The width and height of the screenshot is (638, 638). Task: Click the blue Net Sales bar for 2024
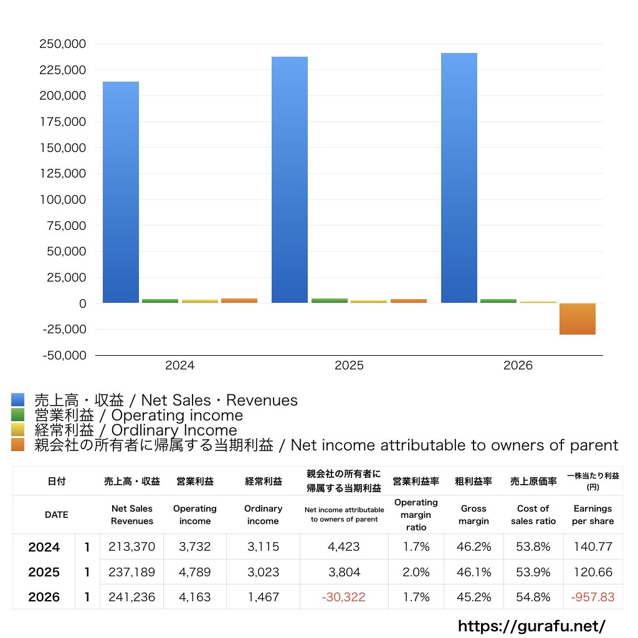tap(121, 192)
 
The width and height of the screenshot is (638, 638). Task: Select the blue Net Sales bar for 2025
tap(290, 180)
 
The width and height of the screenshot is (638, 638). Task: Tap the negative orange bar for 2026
tap(578, 319)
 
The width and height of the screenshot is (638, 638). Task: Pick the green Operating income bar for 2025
tap(330, 301)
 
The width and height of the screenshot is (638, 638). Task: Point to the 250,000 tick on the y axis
tap(63, 44)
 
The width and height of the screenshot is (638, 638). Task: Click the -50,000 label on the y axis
tap(64, 355)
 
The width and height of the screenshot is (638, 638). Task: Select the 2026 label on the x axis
tap(518, 365)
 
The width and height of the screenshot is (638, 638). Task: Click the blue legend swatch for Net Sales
tap(18, 399)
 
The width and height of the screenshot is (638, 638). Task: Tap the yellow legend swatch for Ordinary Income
tap(18, 430)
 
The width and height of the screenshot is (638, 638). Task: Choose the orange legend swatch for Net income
tap(18, 445)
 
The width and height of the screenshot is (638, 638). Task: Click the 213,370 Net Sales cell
tap(132, 546)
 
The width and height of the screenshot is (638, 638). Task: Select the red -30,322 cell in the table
tap(344, 597)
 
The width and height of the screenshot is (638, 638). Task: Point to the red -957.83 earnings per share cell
tap(593, 597)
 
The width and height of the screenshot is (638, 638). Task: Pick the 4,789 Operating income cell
tap(195, 572)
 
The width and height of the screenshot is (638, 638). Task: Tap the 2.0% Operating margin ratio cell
tap(416, 572)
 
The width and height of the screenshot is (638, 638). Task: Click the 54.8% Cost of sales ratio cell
tap(533, 597)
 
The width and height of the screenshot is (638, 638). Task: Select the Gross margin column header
tap(474, 515)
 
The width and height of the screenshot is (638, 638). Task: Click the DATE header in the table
tap(57, 515)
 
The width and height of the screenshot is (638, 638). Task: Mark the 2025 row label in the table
tap(44, 572)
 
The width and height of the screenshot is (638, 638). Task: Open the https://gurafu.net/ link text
tap(532, 626)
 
